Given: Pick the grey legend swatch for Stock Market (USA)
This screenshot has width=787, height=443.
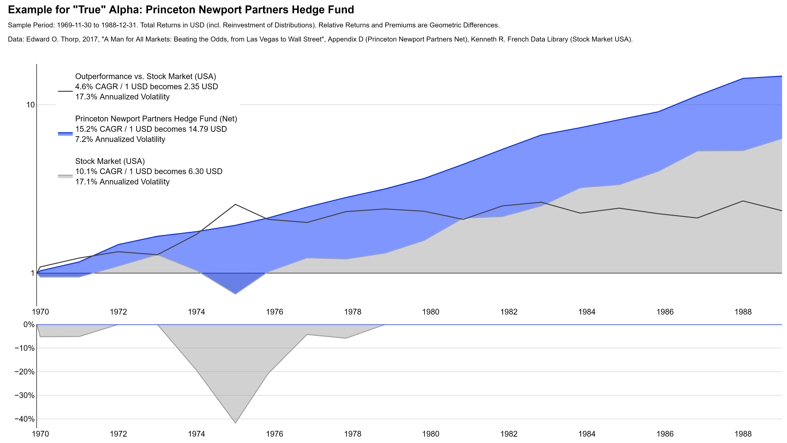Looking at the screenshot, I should (65, 176).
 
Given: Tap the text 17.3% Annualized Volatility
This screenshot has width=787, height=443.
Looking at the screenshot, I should (122, 97).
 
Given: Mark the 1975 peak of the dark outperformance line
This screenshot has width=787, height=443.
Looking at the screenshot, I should (235, 204).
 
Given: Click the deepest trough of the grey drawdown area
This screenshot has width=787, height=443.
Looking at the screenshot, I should (235, 423).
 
